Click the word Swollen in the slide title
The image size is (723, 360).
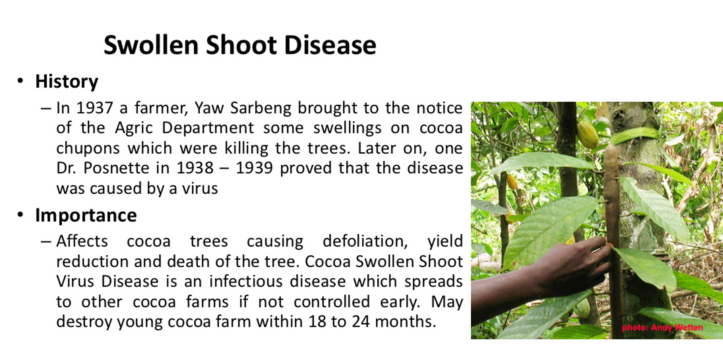coord(151,45)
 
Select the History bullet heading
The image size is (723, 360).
coord(66,81)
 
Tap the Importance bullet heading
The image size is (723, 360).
coord(86,215)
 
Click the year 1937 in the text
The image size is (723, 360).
coord(95,108)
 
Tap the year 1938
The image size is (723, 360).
coord(195,168)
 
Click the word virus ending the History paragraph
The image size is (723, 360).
coord(200,188)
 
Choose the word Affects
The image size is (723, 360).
coord(82,241)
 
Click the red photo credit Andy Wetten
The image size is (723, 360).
coord(662,328)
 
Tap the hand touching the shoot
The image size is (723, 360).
coord(549,273)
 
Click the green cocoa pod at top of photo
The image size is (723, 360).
coord(587,135)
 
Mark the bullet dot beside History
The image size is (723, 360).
coord(20,81)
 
